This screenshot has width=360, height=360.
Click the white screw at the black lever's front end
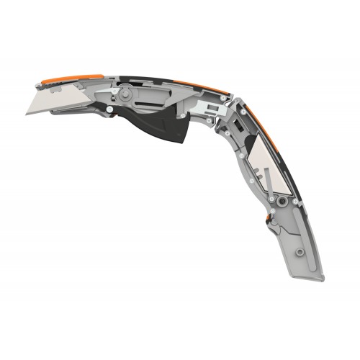coord(109,109)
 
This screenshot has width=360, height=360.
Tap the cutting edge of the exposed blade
coord(54,114)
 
